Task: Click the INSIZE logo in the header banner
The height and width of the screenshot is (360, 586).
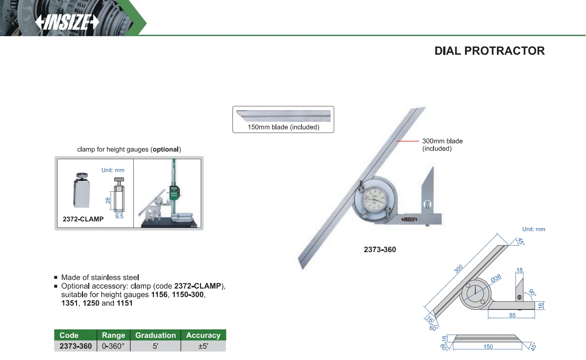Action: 67,22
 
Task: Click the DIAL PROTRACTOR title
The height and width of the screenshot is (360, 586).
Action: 489,51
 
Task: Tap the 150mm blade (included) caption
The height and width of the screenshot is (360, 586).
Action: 283,127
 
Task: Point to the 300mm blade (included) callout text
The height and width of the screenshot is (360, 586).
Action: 442,145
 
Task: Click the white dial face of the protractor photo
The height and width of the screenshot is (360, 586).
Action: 374,199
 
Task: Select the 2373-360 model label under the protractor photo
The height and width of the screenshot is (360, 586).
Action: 380,249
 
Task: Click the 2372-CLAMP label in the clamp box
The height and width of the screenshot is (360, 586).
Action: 83,219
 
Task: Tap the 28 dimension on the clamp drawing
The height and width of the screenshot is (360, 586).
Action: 108,201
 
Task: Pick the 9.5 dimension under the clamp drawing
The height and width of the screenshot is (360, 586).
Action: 119,217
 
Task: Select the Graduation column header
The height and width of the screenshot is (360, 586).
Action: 155,335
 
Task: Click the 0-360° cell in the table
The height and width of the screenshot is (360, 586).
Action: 113,346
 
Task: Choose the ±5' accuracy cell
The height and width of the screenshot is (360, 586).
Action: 203,346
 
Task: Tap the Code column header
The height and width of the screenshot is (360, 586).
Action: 69,335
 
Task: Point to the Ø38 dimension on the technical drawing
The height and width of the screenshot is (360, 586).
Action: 496,278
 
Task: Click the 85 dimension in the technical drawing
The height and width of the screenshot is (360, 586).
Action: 512,315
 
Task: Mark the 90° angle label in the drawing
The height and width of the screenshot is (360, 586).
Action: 532,292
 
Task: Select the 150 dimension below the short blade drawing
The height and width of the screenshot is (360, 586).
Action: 488,347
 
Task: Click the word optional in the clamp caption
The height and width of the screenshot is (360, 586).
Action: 166,149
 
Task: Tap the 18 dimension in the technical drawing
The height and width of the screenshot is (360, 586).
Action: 520,270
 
